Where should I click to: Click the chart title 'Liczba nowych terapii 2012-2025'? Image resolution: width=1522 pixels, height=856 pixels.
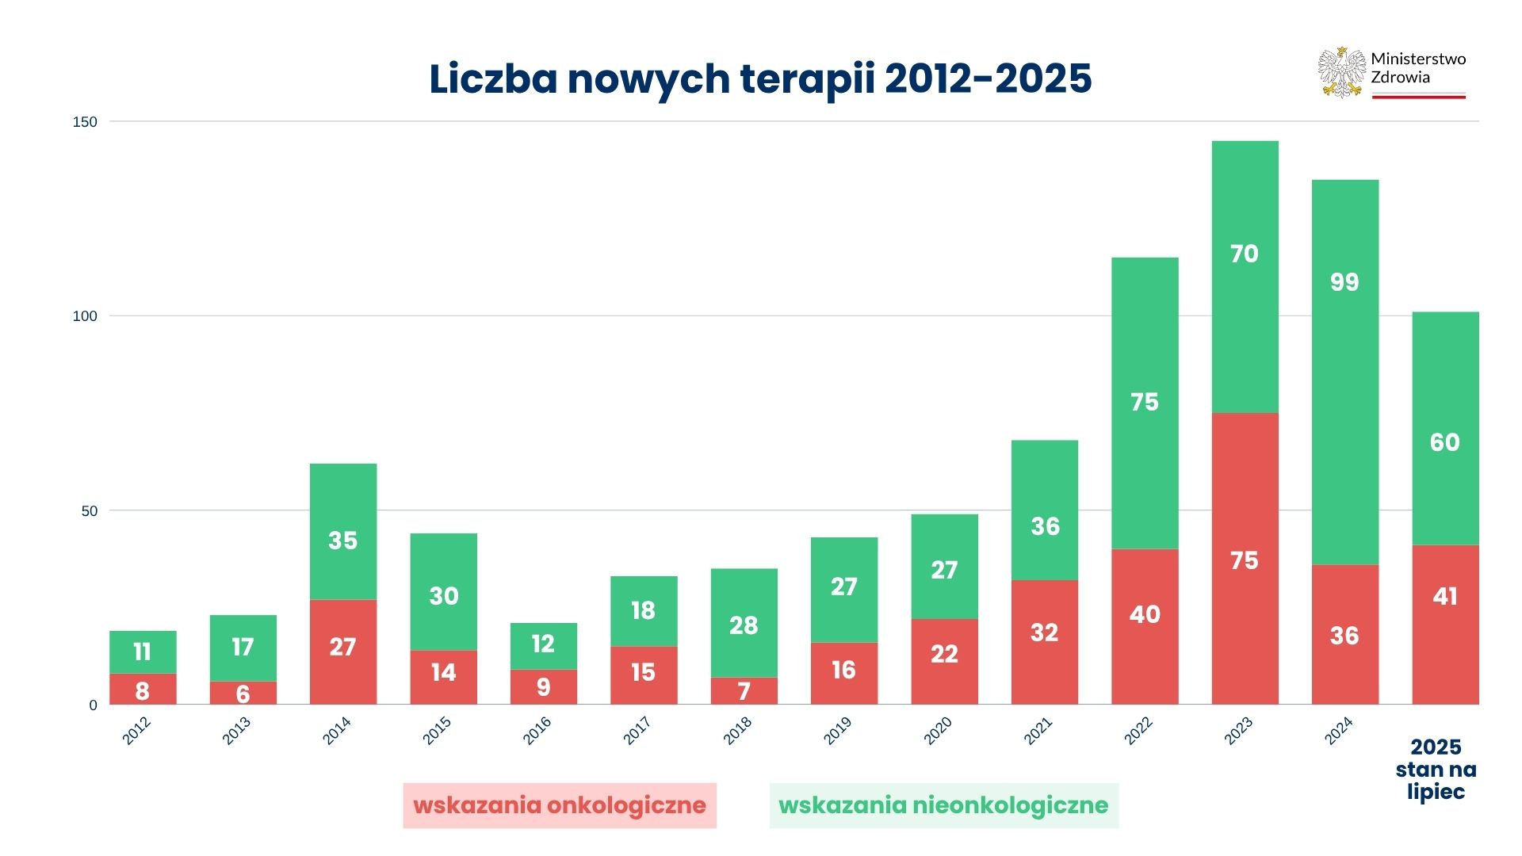(x=760, y=78)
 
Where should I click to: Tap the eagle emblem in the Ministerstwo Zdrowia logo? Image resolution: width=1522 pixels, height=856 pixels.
(x=1341, y=72)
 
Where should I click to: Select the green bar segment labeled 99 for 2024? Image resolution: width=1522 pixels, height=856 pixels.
(x=1344, y=372)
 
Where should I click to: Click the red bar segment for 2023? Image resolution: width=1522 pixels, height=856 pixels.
(x=1245, y=558)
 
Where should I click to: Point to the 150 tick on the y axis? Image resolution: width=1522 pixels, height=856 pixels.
(x=85, y=122)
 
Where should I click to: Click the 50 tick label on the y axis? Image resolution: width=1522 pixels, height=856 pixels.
(x=89, y=511)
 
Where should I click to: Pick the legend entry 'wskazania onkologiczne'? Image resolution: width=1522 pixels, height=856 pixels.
(x=559, y=805)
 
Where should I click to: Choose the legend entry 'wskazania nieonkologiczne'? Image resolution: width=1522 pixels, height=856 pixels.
(x=943, y=805)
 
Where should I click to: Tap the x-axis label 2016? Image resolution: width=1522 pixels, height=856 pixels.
(x=537, y=730)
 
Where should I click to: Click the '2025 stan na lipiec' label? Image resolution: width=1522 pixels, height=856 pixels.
(x=1436, y=769)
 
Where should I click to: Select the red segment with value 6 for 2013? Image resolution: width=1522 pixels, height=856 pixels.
(x=243, y=693)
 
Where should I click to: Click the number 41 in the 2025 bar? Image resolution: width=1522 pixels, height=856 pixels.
(x=1444, y=596)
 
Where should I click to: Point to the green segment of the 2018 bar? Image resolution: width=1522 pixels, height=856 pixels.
(x=744, y=622)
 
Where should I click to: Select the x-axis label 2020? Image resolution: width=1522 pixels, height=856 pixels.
(x=938, y=730)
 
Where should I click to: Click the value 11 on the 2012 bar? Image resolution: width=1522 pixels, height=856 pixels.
(x=142, y=652)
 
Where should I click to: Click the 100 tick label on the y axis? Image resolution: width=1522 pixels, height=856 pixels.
(x=85, y=316)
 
